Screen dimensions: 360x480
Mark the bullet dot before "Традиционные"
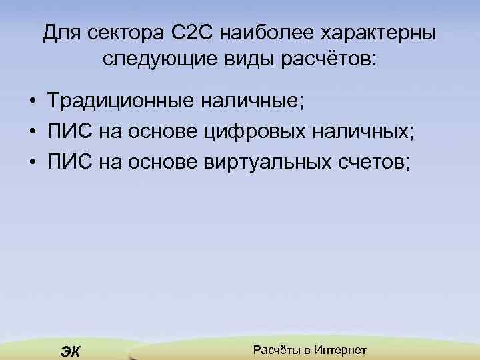(x=32, y=102)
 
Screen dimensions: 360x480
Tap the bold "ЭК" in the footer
(x=69, y=351)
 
